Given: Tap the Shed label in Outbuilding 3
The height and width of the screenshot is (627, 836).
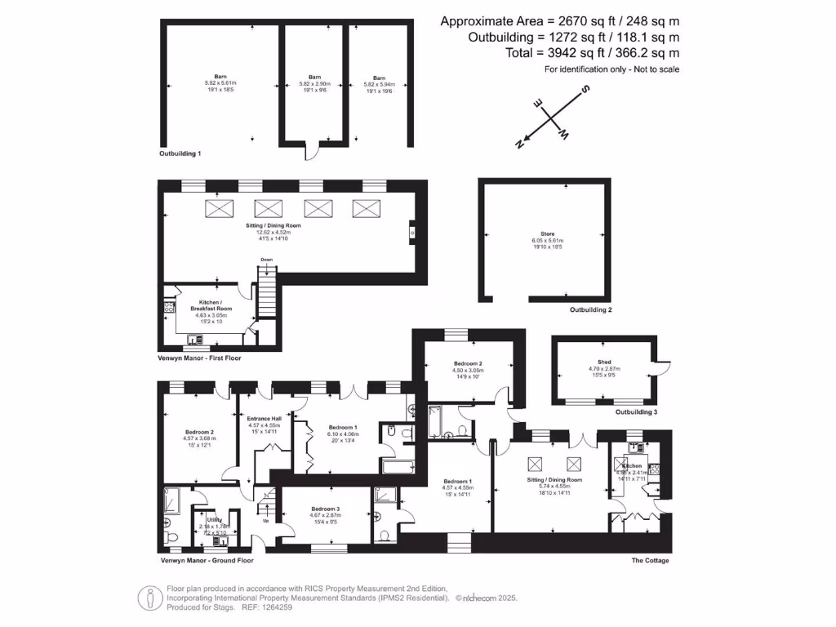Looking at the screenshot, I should click(x=605, y=362).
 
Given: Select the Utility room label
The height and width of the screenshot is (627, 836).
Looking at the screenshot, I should click(x=214, y=519).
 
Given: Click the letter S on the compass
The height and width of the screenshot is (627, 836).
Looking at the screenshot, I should click(x=584, y=91).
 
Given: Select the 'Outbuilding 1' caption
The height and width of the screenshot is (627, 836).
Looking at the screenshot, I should click(x=180, y=153).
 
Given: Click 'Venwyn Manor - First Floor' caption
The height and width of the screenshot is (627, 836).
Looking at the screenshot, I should click(x=200, y=358).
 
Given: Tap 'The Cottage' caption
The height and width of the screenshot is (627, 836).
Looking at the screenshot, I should click(x=650, y=560).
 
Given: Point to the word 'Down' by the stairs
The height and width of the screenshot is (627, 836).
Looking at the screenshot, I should click(x=266, y=260).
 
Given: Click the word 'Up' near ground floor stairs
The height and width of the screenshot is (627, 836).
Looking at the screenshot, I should click(x=266, y=520).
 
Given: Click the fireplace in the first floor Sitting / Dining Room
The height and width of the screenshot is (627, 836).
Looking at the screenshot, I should click(x=412, y=233).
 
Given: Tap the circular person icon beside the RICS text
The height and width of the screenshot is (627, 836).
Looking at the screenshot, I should click(x=149, y=597).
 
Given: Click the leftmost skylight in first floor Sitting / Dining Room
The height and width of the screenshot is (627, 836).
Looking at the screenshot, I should click(x=218, y=208).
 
